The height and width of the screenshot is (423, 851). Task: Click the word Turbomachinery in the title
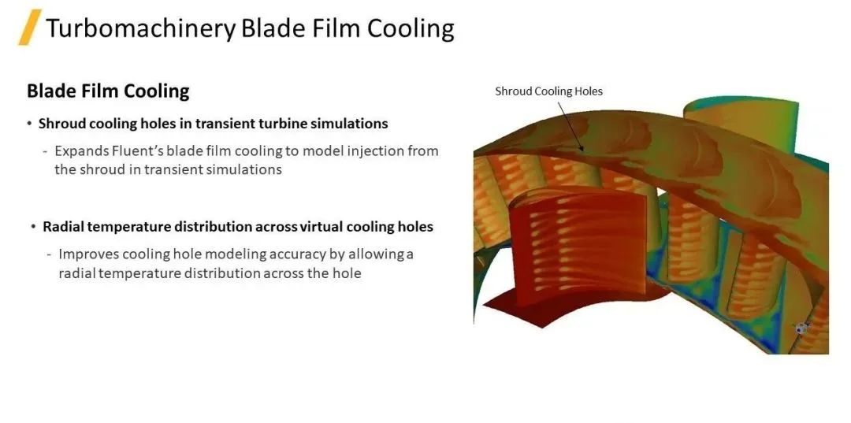tap(140, 28)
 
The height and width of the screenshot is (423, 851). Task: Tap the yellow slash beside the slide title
tap(30, 27)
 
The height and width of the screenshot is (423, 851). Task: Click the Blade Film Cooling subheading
tap(108, 91)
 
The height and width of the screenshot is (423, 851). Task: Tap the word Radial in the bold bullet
tap(63, 227)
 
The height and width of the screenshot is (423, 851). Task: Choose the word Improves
tap(88, 254)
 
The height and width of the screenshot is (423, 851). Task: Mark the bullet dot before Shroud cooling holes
tap(29, 124)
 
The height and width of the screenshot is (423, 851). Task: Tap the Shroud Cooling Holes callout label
tap(548, 91)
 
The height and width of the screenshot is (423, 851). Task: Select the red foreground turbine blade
tap(578, 247)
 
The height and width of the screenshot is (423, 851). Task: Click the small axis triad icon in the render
tap(801, 328)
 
